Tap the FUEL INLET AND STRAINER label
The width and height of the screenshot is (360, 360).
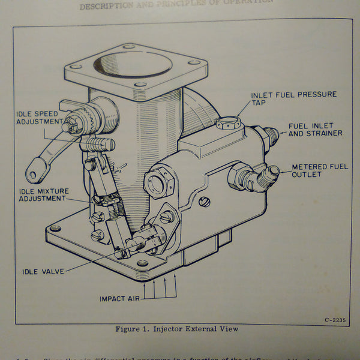click(315, 130)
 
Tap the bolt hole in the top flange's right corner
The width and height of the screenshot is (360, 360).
click(194, 62)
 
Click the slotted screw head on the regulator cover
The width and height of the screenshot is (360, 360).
click(204, 202)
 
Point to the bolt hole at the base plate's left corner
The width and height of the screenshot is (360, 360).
click(55, 229)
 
